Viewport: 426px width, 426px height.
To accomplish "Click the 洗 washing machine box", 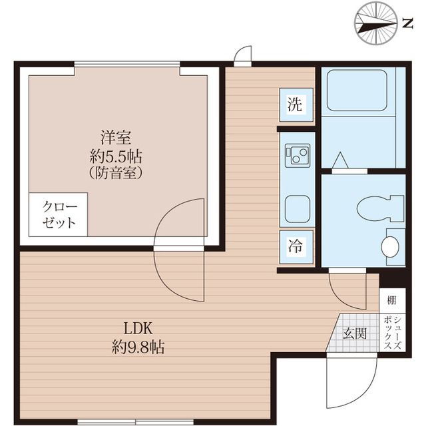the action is (x=296, y=105).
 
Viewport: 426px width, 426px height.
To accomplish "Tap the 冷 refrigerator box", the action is (x=296, y=247).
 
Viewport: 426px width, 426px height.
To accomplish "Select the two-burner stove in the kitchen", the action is (x=298, y=154).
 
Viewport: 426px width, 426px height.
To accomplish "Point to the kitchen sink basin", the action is (x=298, y=208).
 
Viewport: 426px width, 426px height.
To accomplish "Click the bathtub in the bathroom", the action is (x=357, y=91).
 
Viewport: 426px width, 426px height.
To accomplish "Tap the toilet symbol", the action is (x=380, y=208).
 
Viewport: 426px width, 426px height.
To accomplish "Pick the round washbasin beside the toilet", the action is (x=390, y=246).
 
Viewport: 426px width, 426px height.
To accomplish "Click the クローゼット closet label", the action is (x=59, y=214).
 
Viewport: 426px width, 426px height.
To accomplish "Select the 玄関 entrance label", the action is (x=355, y=333).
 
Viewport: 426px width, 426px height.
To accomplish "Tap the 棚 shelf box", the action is (x=392, y=301).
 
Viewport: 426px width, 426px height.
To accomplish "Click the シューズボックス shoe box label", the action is (x=393, y=333).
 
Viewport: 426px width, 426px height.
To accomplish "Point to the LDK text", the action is (x=138, y=328).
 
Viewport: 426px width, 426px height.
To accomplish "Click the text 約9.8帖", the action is (x=138, y=347).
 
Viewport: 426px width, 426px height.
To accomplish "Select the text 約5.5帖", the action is (x=116, y=156).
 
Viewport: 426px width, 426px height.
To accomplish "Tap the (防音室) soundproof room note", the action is (x=116, y=173).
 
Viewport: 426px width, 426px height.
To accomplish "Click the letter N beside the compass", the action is (x=407, y=23).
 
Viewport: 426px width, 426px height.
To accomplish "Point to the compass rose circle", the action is (x=376, y=23).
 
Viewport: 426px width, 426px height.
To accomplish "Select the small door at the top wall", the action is (x=243, y=56).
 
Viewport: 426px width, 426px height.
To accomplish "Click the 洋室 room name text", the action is (x=116, y=138).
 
